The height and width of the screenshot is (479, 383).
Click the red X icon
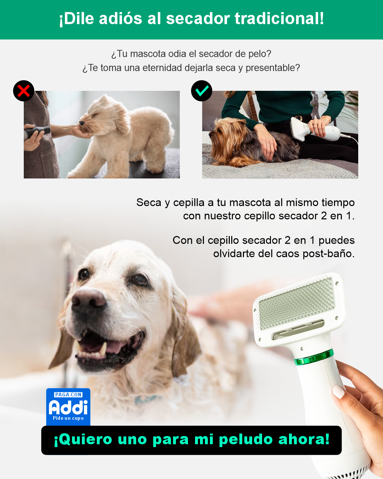pyautogui.click(x=24, y=91)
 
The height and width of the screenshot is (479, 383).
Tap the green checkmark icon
pyautogui.click(x=202, y=91)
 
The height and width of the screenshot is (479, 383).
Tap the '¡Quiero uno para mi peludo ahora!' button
pyautogui.click(x=191, y=440)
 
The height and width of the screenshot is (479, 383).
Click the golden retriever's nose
pyautogui.click(x=89, y=299)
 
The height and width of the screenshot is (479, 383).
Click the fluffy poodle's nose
pyautogui.click(x=82, y=122)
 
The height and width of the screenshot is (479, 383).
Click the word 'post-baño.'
pyautogui.click(x=328, y=254)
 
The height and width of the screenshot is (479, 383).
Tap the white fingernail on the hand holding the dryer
pyautogui.click(x=338, y=391)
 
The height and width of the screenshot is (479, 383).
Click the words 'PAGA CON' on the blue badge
pyautogui.click(x=68, y=395)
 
